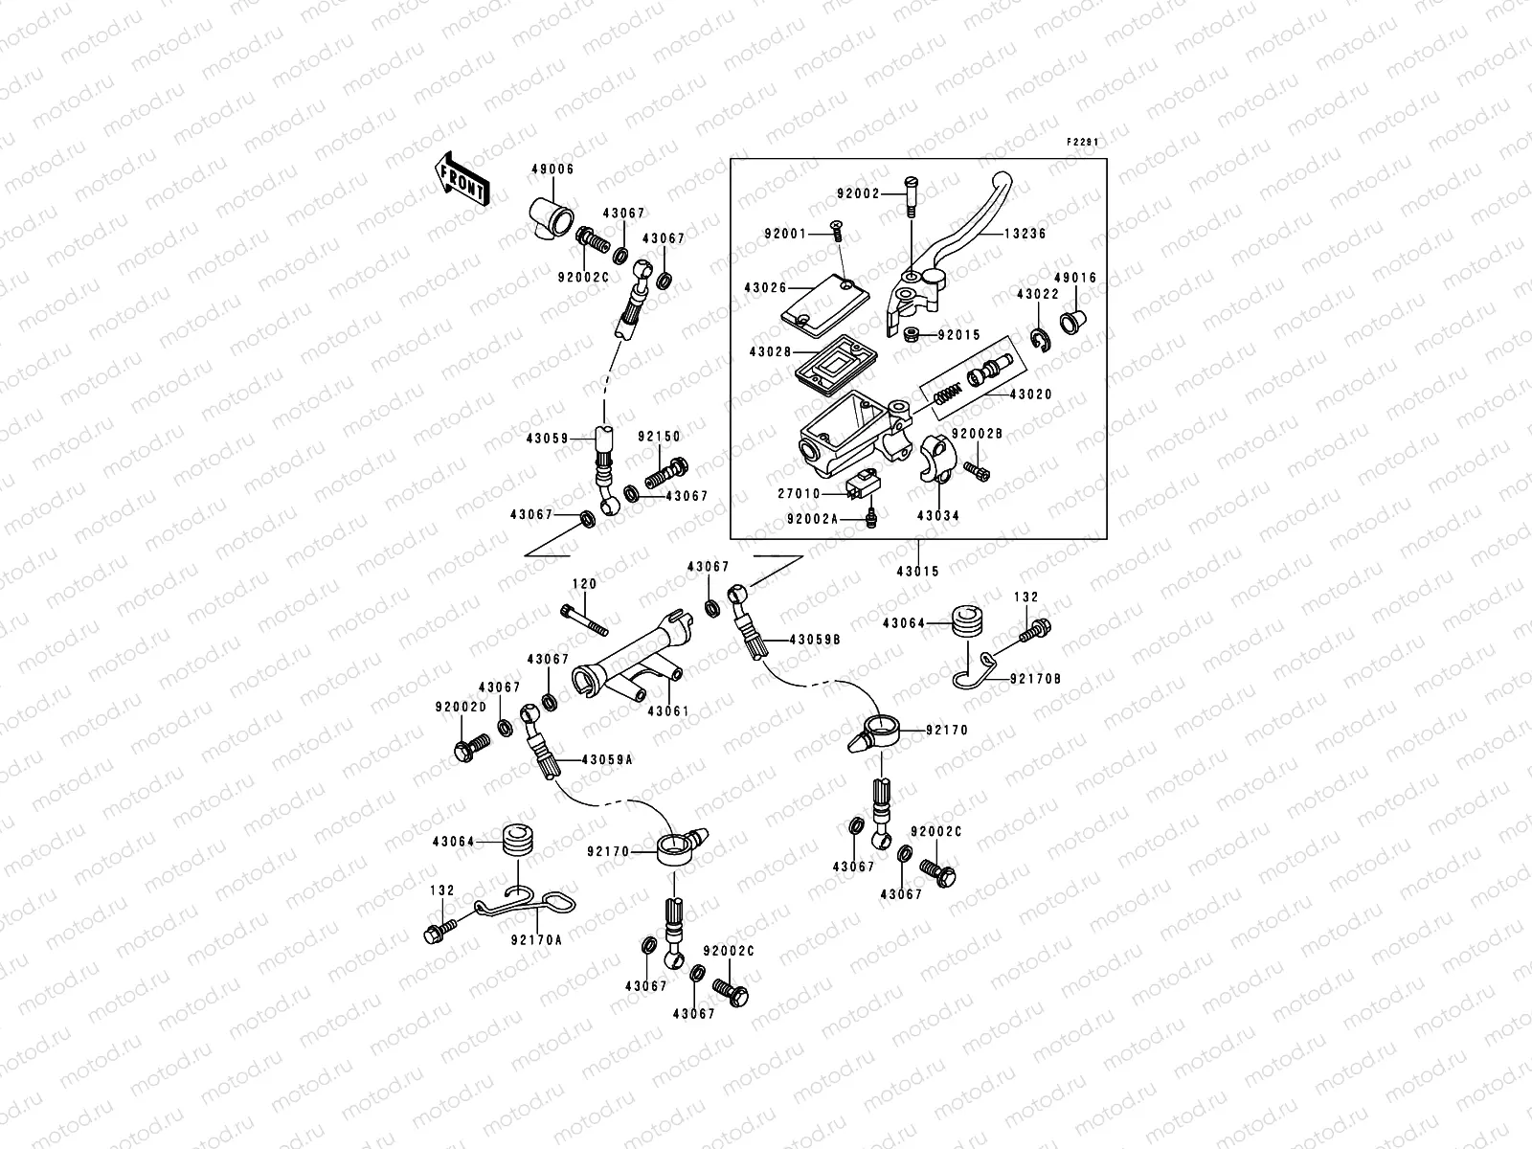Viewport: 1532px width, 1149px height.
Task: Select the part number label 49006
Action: tap(552, 169)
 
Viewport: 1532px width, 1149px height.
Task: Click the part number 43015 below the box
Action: tap(917, 571)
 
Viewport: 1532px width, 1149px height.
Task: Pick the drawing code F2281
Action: tap(1082, 142)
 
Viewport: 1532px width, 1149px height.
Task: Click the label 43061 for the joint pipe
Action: tap(668, 711)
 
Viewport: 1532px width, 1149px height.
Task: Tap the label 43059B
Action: tap(815, 639)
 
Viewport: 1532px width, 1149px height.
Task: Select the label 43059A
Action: tap(604, 759)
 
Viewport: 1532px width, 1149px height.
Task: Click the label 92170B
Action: tap(1035, 679)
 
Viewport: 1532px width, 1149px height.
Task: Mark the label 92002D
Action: tap(461, 708)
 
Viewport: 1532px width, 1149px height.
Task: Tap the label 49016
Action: tap(1076, 278)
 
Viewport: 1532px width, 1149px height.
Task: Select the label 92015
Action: tap(959, 335)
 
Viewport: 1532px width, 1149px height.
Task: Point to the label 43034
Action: tap(937, 515)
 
